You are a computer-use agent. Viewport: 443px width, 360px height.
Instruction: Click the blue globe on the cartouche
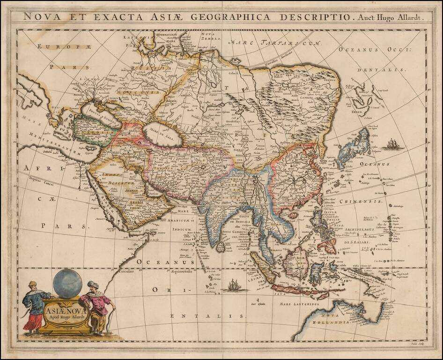coord(67,284)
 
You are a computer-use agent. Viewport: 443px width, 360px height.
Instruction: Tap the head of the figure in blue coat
coord(32,285)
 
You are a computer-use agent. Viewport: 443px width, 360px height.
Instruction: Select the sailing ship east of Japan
coord(392,144)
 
